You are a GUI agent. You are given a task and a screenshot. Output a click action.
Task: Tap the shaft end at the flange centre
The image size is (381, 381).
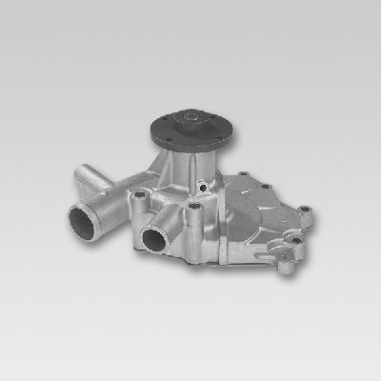pyautogui.click(x=190, y=118)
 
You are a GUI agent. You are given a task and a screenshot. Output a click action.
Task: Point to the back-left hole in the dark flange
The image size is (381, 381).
pyautogui.click(x=170, y=117)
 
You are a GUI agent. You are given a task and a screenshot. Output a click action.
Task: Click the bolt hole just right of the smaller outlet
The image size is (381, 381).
pyautogui.click(x=195, y=207)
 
